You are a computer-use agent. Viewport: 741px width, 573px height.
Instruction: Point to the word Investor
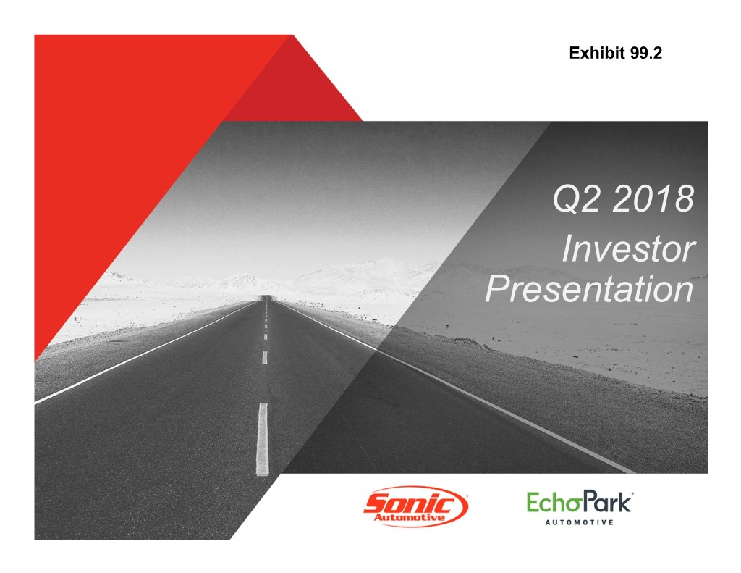coord(629,248)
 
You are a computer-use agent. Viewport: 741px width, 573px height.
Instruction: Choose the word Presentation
coord(589,288)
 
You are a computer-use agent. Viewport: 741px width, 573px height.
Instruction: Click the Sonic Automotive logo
coord(416,506)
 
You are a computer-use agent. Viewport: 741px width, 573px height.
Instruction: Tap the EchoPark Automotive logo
coord(580,508)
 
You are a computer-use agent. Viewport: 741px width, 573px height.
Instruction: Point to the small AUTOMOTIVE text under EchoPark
coord(580,522)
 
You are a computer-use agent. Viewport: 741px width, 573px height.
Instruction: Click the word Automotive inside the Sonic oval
coord(410,517)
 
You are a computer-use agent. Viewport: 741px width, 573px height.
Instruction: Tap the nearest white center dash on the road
coord(262,439)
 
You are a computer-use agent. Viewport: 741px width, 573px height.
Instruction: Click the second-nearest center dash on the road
coord(265,357)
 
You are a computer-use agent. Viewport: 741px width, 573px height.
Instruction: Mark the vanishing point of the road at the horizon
coord(266,297)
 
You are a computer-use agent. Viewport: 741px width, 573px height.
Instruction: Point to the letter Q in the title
coord(566,199)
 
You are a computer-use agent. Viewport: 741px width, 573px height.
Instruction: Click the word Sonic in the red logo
coord(410,503)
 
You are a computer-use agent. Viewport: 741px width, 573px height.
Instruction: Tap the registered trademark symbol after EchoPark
coord(632,494)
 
